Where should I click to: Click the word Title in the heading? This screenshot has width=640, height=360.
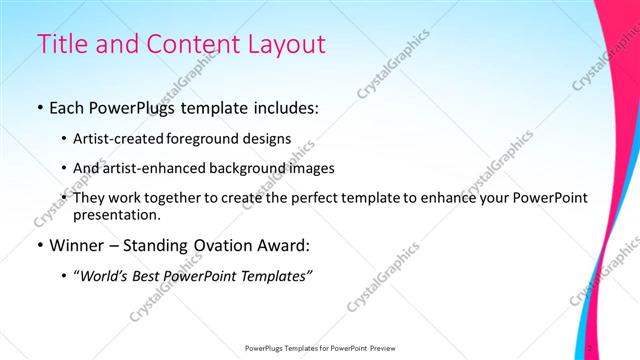tap(61, 44)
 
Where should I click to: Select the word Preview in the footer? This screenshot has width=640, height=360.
tap(377, 349)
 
